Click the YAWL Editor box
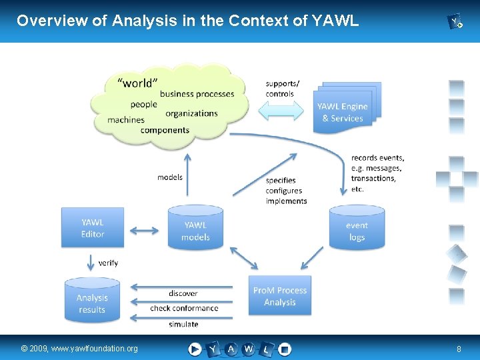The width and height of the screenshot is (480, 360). (x=93, y=227)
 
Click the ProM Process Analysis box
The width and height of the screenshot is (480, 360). (x=280, y=296)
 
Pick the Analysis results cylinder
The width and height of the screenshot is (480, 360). (x=92, y=303)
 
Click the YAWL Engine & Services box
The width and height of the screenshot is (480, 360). (x=342, y=112)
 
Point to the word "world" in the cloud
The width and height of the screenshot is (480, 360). (x=137, y=83)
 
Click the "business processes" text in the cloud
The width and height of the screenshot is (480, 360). (x=197, y=94)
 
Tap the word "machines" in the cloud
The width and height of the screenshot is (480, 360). (x=125, y=120)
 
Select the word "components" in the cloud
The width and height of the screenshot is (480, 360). (x=165, y=130)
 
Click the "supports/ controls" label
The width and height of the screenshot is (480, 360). (x=282, y=89)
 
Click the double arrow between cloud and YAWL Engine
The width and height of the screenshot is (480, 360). (x=283, y=111)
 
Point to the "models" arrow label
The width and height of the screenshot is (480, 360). (x=169, y=177)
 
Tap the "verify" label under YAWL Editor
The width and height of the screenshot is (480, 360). (x=108, y=263)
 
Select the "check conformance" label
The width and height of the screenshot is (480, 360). (x=184, y=308)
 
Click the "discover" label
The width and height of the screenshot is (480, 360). (x=183, y=293)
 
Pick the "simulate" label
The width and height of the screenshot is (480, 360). (x=183, y=324)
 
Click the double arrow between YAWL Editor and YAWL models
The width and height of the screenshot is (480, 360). (x=143, y=231)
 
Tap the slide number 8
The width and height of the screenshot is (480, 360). (x=459, y=349)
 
